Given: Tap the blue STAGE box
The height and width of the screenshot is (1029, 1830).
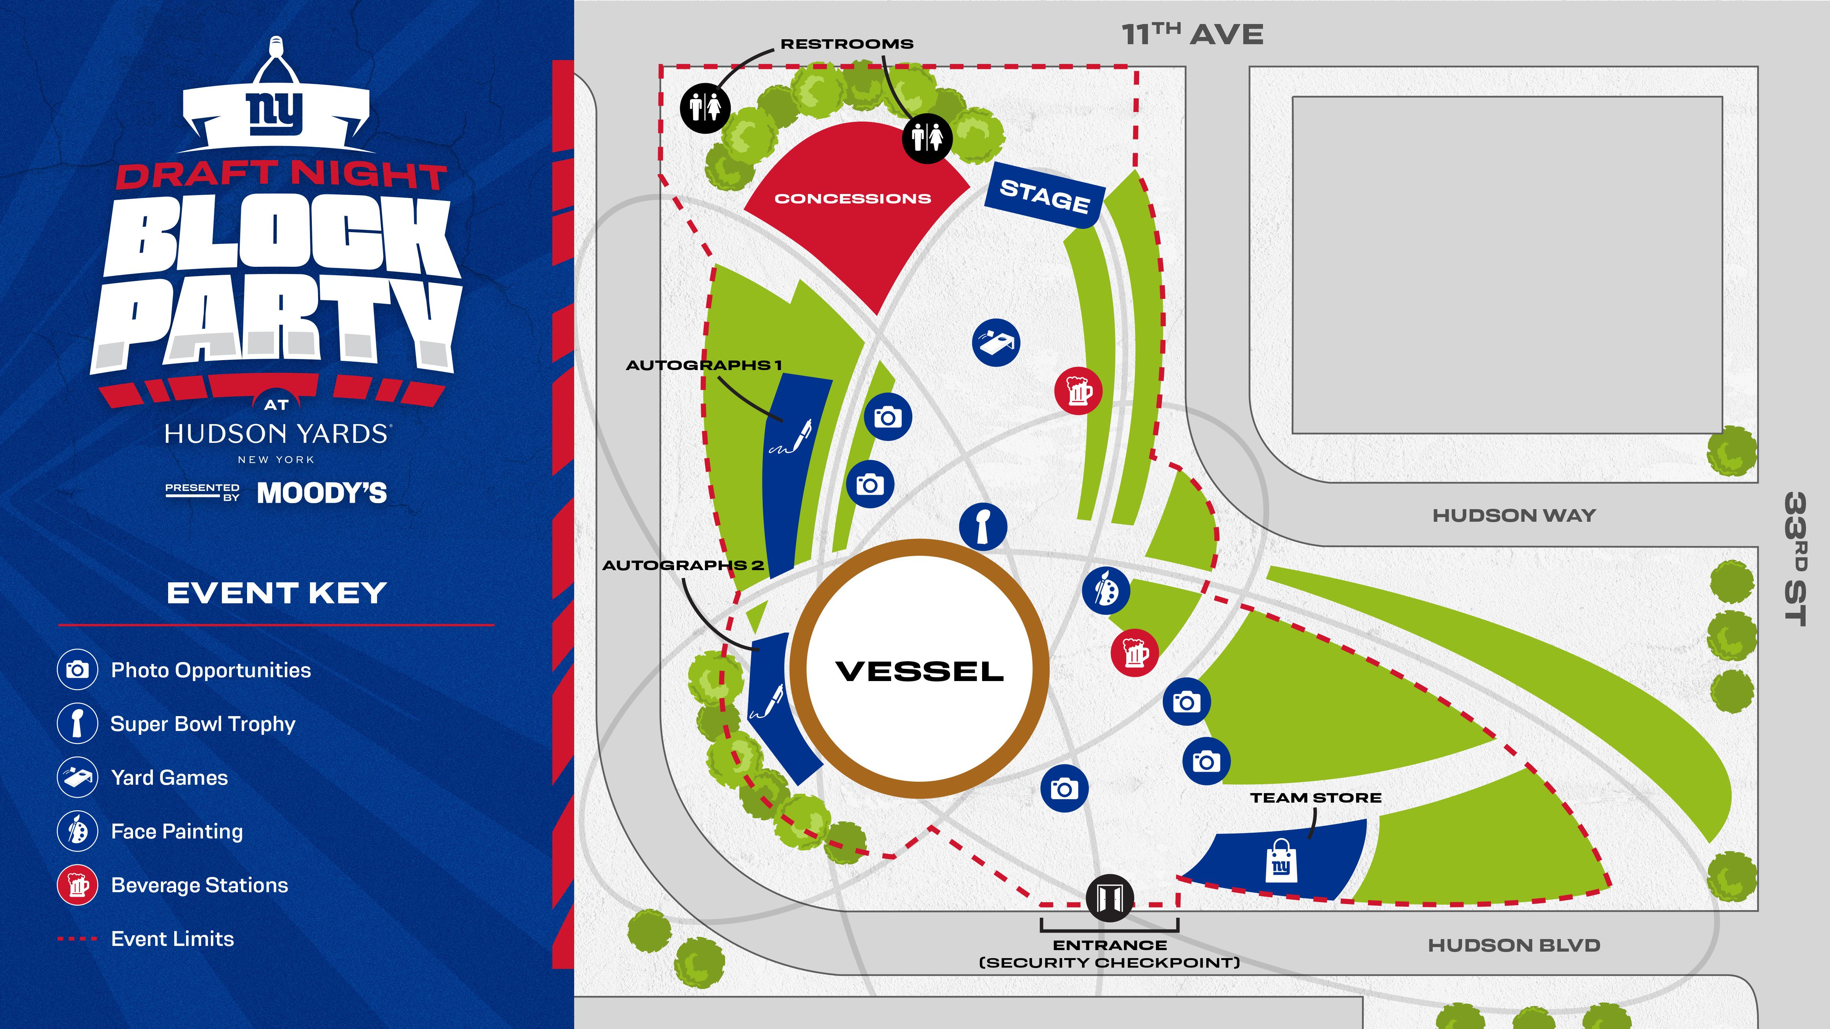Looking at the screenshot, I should coord(1044,195).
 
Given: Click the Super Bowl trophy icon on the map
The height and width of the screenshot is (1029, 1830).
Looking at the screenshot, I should coord(983,526).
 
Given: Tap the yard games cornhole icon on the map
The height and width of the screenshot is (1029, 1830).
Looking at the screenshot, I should coord(996,342).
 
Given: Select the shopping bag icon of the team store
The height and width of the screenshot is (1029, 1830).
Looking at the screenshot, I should coord(1281,861).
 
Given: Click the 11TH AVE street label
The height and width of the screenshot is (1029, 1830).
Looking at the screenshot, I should coord(1192,34).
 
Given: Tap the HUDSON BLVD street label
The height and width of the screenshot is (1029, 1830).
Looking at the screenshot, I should coord(1514,945).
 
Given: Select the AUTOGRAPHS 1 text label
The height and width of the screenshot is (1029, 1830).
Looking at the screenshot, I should coord(703,365).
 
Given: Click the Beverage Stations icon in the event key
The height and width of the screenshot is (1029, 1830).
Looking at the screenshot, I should coord(77,885).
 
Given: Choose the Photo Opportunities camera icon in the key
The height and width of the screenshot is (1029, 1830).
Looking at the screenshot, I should coord(77,670).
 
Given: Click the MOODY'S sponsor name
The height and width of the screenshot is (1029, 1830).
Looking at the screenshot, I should coord(322,493).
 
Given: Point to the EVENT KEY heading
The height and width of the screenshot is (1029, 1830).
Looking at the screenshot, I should coord(276,593).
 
